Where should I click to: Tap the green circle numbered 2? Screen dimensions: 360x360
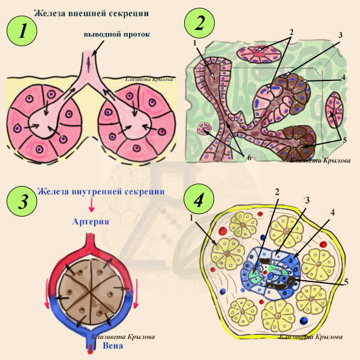pyautogui.click(x=202, y=23)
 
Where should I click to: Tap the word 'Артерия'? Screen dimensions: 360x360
pyautogui.click(x=90, y=221)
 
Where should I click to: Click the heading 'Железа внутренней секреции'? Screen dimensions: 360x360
pyautogui.click(x=100, y=191)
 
